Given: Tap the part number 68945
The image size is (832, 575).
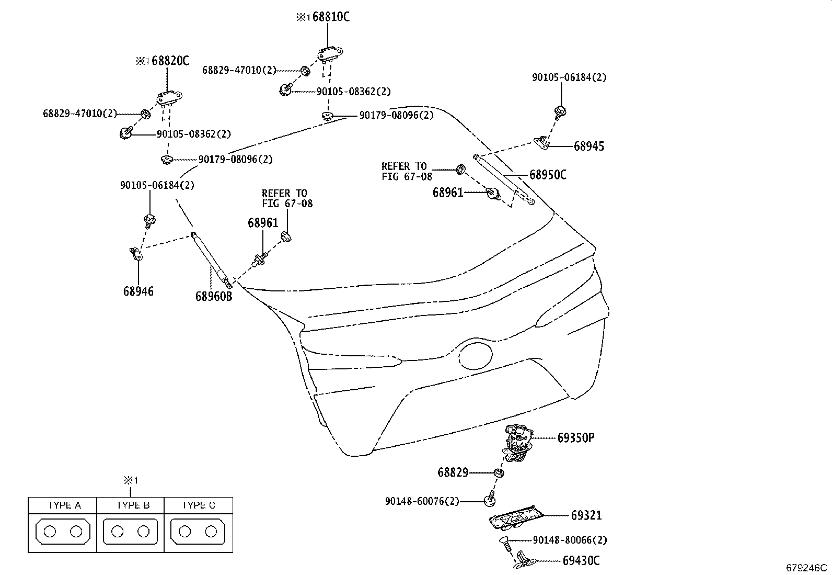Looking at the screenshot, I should tap(588, 146).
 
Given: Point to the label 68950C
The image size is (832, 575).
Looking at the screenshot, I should tap(547, 175).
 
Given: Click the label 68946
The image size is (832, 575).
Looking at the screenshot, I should tap(138, 291).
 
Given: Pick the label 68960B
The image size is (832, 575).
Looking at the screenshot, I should tap(213, 297).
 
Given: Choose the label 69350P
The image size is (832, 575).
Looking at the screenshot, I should tap(575, 438).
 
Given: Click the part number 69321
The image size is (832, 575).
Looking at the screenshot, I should tap(586, 515).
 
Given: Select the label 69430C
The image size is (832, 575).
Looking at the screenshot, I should tap(581, 561).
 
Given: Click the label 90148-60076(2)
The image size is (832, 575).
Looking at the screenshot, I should tap(422, 501).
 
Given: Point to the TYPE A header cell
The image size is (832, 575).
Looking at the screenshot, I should tap(64, 505).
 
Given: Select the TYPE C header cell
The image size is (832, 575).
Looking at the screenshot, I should tap(198, 505).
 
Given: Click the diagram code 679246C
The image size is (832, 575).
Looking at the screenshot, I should tap(807, 568).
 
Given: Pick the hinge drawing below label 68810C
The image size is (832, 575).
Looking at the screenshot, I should tap(330, 52).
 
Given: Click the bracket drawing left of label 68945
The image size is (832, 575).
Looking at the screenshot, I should tap(542, 141).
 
